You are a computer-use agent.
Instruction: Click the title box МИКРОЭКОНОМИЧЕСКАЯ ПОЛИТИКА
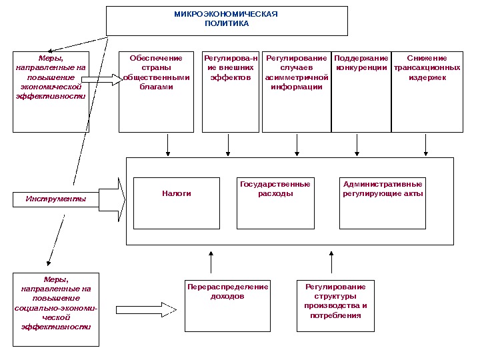[227, 21]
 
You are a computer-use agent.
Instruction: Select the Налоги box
[176, 203]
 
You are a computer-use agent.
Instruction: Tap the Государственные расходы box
[275, 203]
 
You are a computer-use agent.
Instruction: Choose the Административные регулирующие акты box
[383, 203]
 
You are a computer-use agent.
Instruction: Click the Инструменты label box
[55, 199]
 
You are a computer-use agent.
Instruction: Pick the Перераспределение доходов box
[227, 305]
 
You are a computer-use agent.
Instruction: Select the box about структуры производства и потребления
[335, 305]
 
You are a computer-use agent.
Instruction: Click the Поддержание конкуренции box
[361, 92]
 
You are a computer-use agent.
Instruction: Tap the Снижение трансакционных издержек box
[427, 92]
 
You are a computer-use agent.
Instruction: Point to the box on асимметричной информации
[297, 92]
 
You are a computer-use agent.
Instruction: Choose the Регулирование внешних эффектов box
[231, 92]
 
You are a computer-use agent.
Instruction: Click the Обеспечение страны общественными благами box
[156, 92]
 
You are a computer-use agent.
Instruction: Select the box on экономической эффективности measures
[51, 92]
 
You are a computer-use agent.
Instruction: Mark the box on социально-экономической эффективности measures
[56, 309]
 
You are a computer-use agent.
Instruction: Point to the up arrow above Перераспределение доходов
[211, 262]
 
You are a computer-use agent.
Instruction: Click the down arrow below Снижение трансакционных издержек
[426, 145]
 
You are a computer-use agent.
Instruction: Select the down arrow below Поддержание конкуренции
[357, 145]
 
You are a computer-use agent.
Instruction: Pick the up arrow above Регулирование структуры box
[331, 262]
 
